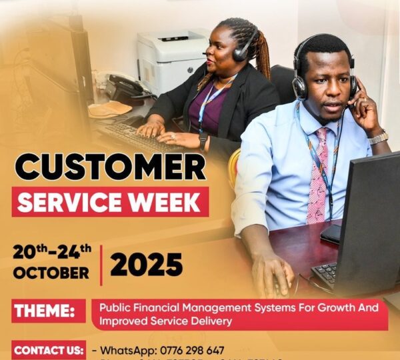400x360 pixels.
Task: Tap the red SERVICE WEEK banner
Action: coord(110,202)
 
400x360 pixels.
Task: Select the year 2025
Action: coord(146,265)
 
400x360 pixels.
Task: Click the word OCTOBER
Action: coord(51,273)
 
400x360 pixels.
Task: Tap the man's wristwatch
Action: coord(378,138)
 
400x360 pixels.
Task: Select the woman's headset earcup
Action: coord(241,52)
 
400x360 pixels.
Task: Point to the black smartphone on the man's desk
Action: coord(330,233)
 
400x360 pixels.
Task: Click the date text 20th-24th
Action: coord(52,252)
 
